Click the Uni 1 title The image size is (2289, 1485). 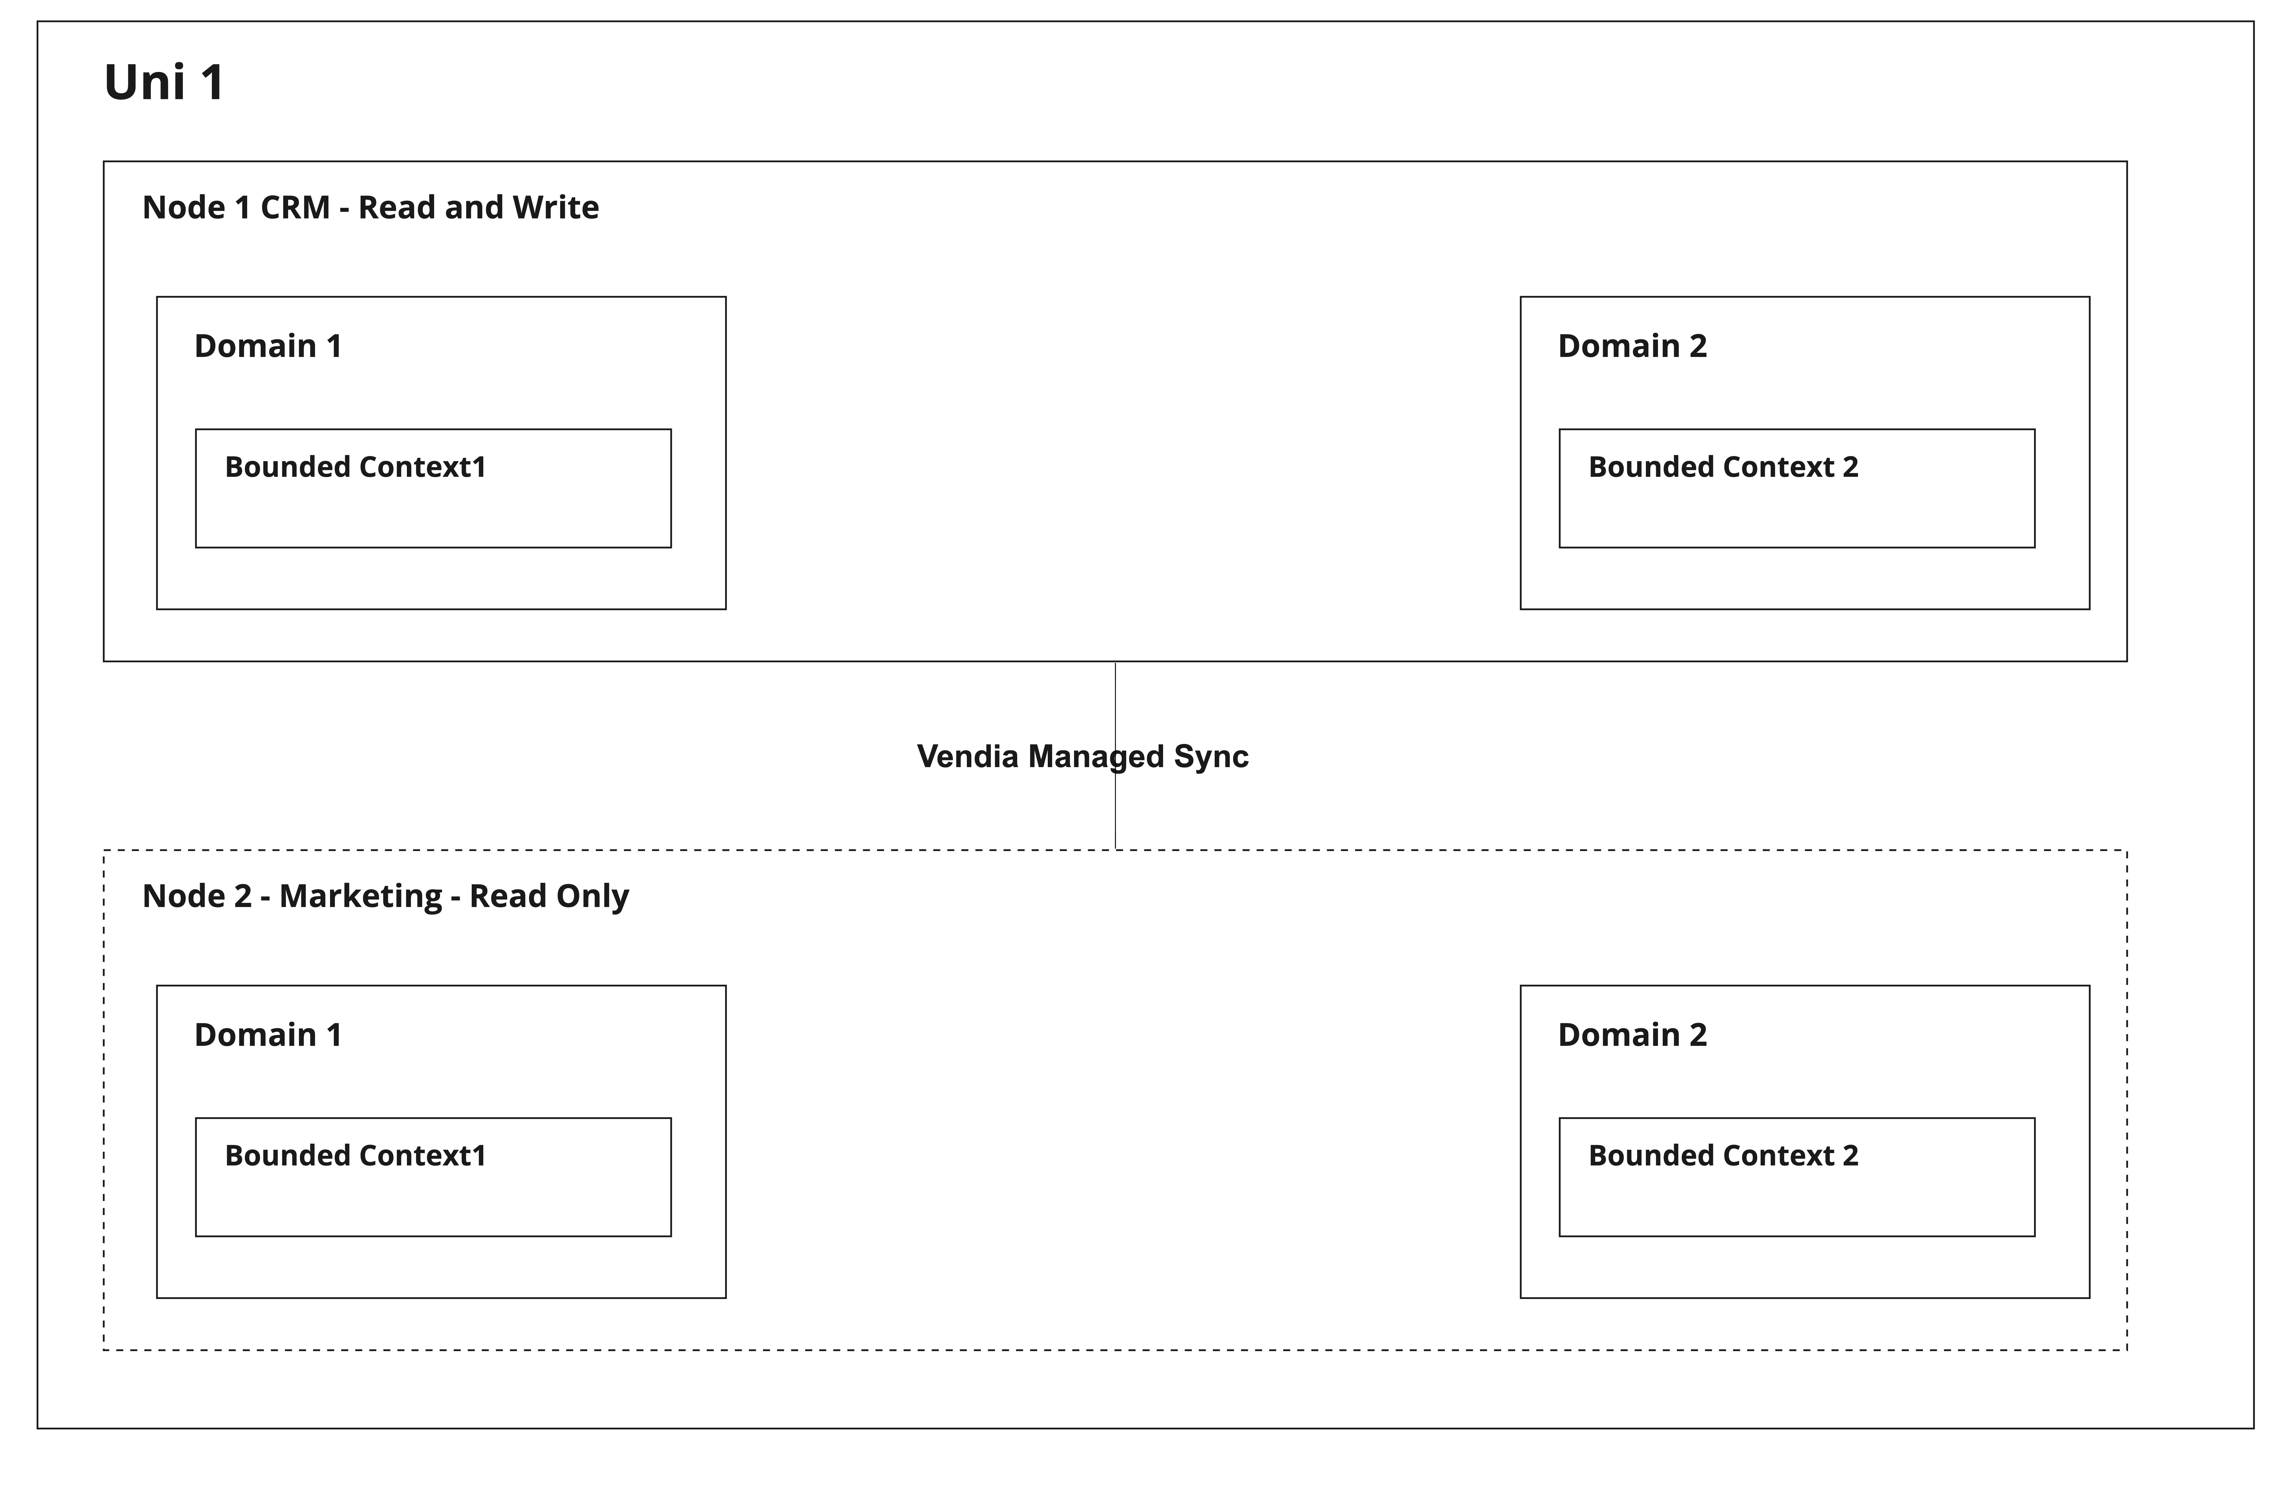164,82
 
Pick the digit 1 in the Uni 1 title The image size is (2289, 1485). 213,82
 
